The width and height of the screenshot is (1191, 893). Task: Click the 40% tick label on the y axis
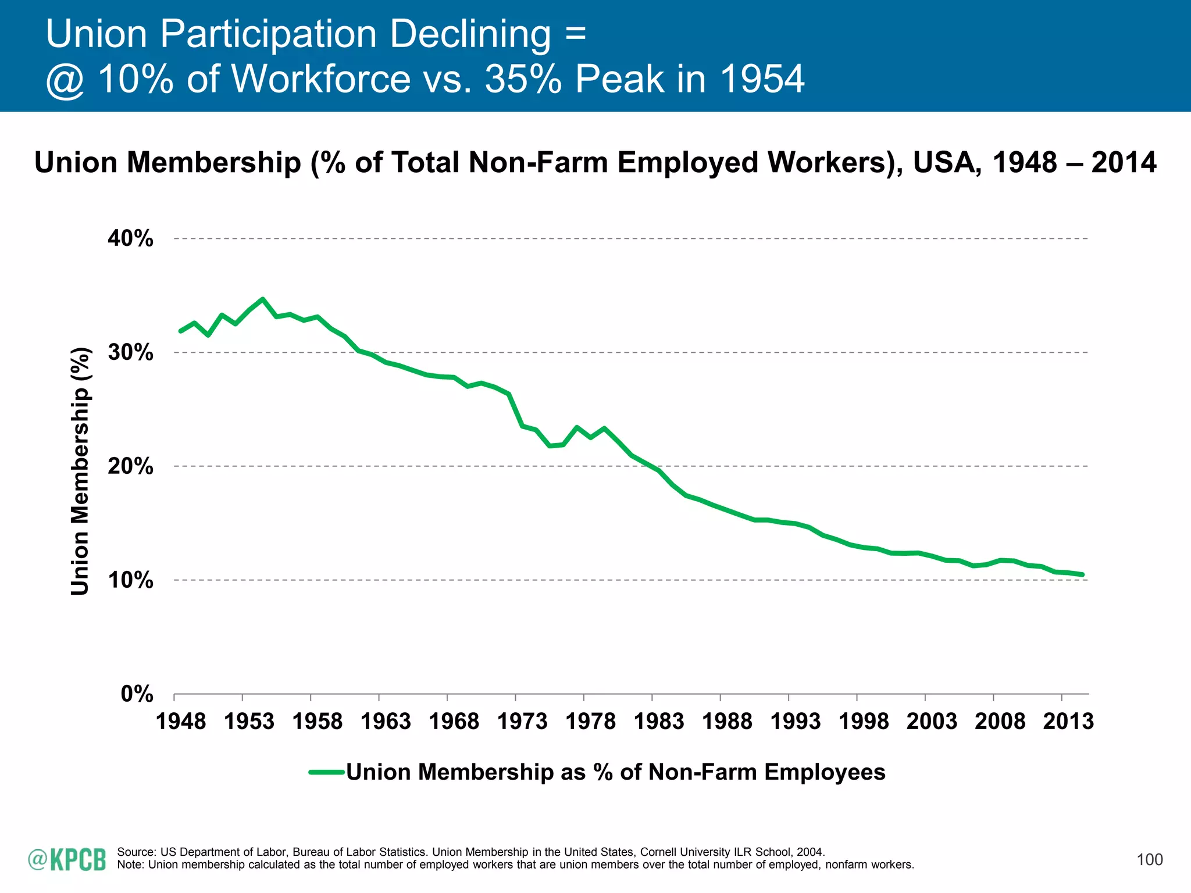tap(130, 238)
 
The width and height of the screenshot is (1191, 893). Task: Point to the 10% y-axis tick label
tap(130, 580)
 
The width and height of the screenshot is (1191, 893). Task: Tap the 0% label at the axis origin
tap(137, 694)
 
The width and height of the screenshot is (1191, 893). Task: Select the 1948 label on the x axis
tap(181, 721)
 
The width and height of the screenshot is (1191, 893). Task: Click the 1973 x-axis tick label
tap(522, 721)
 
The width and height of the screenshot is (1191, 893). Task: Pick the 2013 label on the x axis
tap(1068, 721)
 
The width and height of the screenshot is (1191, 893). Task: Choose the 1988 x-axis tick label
tap(727, 721)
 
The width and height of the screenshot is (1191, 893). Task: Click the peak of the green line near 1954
tap(263, 299)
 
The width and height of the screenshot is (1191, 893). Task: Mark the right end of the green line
tap(1082, 574)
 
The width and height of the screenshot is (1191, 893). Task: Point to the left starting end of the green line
tap(181, 331)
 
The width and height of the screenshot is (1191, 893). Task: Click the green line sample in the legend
tap(327, 773)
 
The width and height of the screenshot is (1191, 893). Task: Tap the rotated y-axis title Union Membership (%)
tap(80, 471)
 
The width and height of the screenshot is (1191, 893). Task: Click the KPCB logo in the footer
tap(67, 860)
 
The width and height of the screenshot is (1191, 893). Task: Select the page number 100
tap(1150, 860)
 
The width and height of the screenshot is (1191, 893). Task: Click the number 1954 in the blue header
tap(762, 78)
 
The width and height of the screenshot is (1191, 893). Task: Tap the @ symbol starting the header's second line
tap(66, 80)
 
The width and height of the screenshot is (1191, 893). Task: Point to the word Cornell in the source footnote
tap(659, 852)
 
